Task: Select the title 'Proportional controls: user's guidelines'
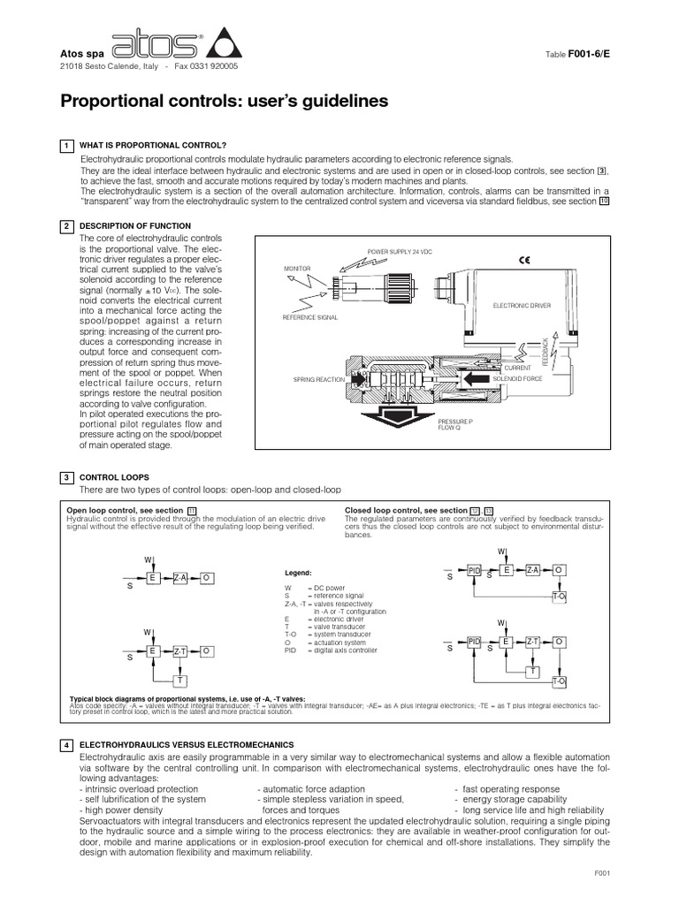click(224, 102)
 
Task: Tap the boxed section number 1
click(66, 145)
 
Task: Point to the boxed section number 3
click(66, 477)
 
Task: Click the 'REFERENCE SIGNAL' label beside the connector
click(309, 316)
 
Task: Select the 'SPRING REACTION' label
click(317, 379)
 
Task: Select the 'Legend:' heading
click(297, 572)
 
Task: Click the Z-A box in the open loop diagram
click(179, 576)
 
